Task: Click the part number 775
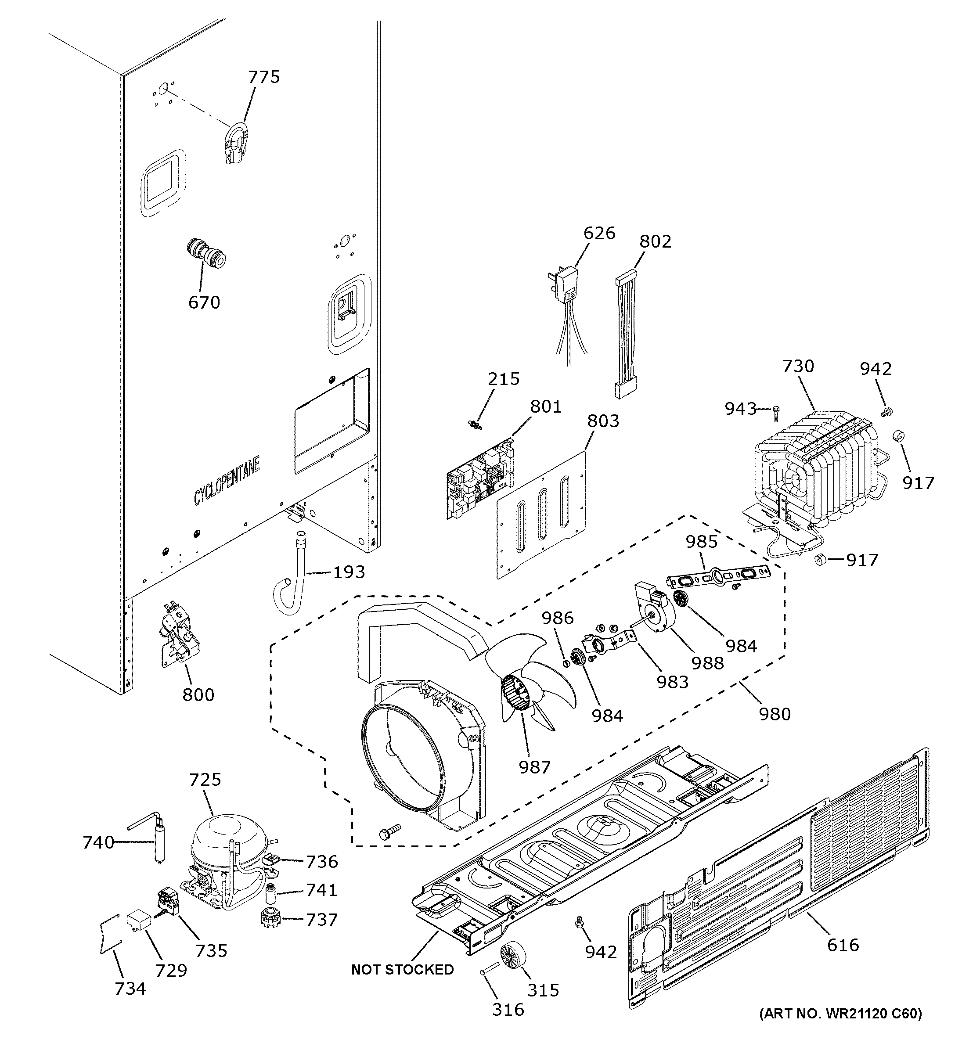click(264, 77)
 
